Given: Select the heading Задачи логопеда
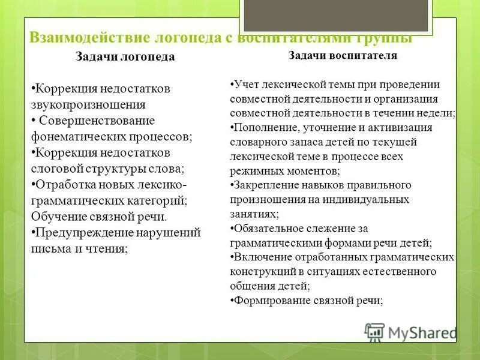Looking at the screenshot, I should (x=125, y=57).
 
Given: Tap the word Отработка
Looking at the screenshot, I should (x=65, y=185).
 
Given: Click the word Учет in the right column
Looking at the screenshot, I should (x=246, y=84).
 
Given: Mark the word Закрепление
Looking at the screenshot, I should (x=265, y=185).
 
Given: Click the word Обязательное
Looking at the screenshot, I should (x=268, y=229).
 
